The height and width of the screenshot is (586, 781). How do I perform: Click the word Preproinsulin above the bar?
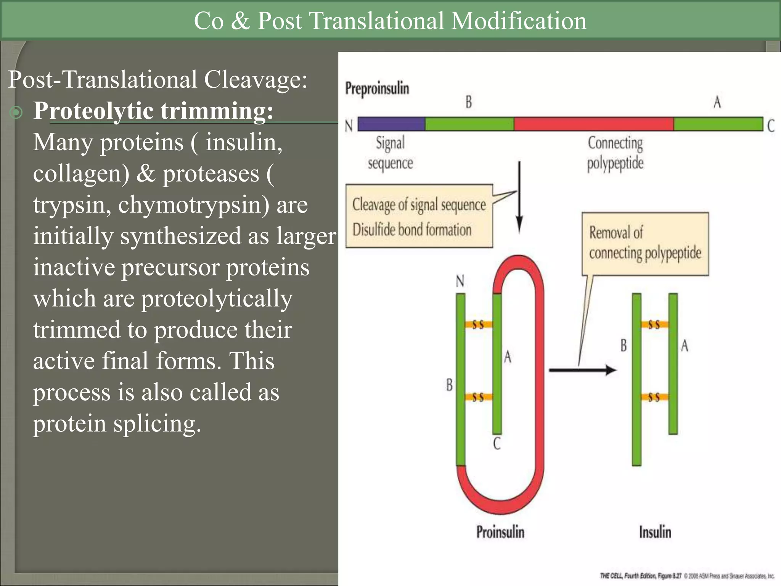click(377, 88)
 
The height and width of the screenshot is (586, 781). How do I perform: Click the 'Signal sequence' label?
click(390, 153)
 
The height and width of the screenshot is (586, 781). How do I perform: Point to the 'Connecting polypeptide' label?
click(615, 153)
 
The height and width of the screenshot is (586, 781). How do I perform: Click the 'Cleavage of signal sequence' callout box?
click(419, 216)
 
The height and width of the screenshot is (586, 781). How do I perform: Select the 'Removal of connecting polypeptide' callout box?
click(645, 243)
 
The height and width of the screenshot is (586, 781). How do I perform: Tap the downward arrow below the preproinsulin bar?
click(519, 198)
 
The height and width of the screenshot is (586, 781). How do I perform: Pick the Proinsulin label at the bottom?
click(500, 532)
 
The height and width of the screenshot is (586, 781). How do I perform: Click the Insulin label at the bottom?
click(655, 532)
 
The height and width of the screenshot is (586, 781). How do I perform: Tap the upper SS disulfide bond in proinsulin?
click(478, 325)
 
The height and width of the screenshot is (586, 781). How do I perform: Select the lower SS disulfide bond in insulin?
click(654, 398)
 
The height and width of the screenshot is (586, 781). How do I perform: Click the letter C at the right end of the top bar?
click(771, 126)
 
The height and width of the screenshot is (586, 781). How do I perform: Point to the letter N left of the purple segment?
click(349, 126)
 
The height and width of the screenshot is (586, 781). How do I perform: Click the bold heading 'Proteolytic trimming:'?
click(153, 111)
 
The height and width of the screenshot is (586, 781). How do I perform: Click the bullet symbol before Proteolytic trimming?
click(16, 113)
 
